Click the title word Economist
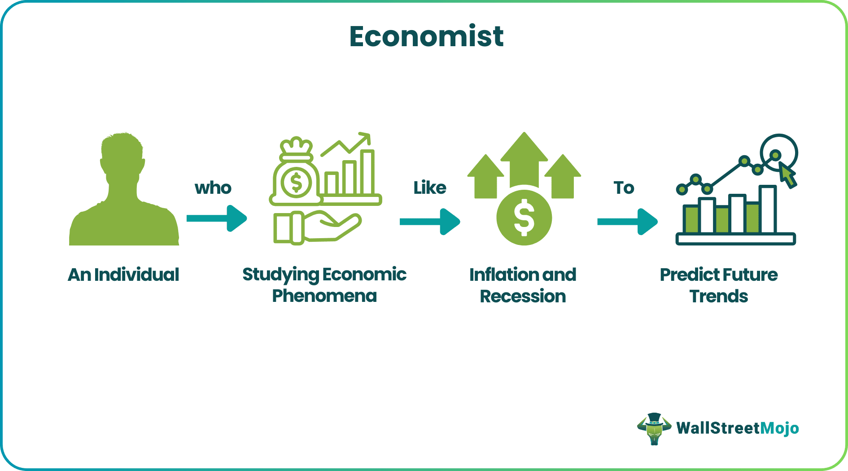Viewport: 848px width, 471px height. (x=426, y=36)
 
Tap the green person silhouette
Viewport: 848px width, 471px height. (x=124, y=193)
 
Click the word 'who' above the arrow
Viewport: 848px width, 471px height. (x=213, y=188)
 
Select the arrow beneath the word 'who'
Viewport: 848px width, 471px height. (x=217, y=218)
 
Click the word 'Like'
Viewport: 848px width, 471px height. (x=430, y=188)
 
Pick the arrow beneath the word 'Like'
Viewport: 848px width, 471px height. (x=430, y=222)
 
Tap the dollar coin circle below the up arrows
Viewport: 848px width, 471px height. (x=524, y=218)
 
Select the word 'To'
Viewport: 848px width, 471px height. (x=624, y=188)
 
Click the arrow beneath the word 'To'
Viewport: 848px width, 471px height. (x=628, y=222)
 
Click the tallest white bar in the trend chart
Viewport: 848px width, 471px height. (x=768, y=209)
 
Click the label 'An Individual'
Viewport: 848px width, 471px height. (x=123, y=275)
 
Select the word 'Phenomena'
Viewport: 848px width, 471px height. (x=324, y=296)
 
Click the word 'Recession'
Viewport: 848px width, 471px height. (x=523, y=297)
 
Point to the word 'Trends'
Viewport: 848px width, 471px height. (x=719, y=297)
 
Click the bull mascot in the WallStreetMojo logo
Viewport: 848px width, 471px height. (x=654, y=428)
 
